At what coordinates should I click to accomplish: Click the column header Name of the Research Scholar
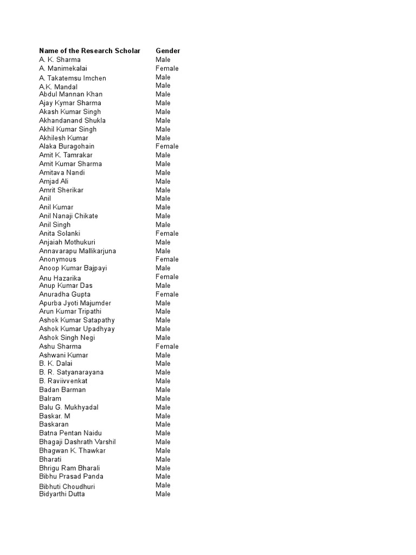coord(89,51)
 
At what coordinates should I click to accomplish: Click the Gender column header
coord(168,51)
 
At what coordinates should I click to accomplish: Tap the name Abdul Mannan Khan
coord(70,94)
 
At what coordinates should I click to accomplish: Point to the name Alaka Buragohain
coord(67,146)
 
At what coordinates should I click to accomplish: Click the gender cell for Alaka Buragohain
coord(167,146)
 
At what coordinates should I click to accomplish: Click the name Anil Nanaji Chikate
coord(68,216)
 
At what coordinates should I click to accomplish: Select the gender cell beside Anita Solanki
coord(167,234)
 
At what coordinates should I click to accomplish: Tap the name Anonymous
coord(57,259)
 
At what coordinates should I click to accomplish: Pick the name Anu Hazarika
coord(60,278)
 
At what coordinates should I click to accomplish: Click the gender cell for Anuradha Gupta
coord(167,294)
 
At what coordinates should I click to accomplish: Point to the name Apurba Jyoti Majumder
coord(75,303)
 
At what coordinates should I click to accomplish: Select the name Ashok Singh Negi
coord(67,338)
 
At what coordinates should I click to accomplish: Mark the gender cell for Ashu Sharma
coord(167,346)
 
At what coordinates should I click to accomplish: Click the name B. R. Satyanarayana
coord(71,372)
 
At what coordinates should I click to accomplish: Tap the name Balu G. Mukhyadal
coord(68,407)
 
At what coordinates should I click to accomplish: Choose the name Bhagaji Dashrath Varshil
coord(77,442)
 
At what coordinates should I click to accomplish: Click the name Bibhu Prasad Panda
coord(71,476)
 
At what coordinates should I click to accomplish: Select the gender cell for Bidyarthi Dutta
coord(163,494)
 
